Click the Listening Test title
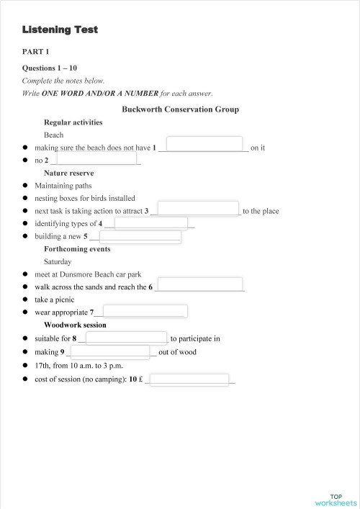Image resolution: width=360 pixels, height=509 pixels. pos(60,30)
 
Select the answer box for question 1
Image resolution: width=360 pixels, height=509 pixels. pos(204,143)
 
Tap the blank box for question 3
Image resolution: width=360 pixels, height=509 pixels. pos(198,208)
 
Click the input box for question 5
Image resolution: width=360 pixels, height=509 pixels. pos(140,236)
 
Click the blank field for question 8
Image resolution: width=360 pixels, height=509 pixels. pos(127,336)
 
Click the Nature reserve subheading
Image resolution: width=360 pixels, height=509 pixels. pos(69,173)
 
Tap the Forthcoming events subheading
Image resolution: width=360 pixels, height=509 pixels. pos(77,249)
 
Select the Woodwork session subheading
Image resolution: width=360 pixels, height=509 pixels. pos(75,325)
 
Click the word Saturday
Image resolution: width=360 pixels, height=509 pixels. pos(58,262)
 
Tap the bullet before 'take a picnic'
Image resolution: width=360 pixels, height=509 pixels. pos(25,299)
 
